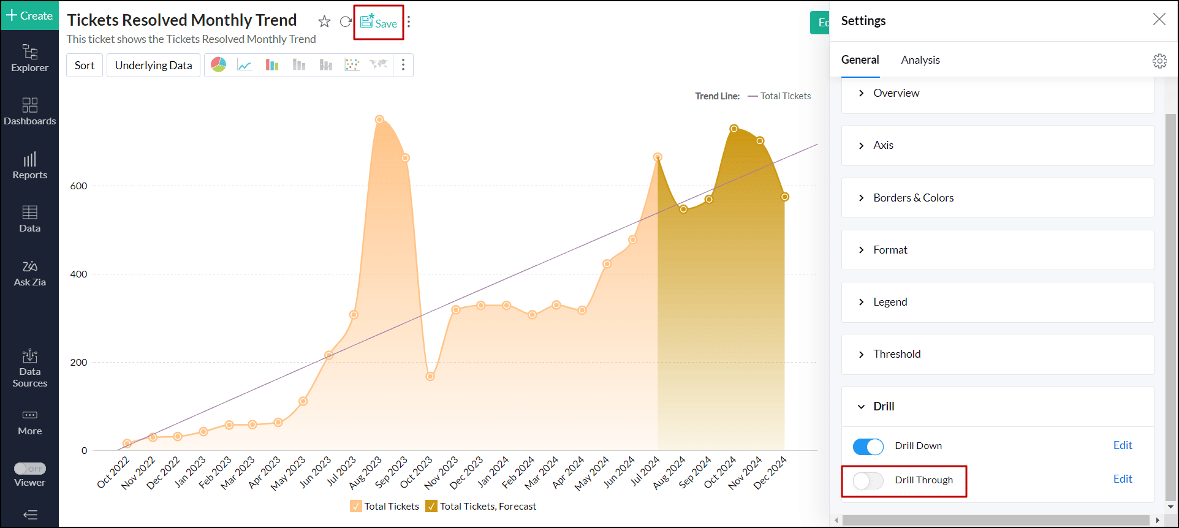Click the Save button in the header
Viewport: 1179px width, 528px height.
point(379,23)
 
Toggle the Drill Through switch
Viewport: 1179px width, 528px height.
point(868,481)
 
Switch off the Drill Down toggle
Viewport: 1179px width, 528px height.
point(868,447)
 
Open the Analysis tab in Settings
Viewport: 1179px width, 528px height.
point(920,60)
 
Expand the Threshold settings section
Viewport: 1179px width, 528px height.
point(897,354)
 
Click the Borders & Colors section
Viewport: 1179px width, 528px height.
point(913,198)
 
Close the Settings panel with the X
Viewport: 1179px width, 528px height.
point(1159,20)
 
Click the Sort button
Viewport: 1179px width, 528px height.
point(85,66)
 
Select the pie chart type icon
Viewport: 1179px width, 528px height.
point(219,65)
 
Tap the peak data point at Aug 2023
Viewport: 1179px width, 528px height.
point(379,119)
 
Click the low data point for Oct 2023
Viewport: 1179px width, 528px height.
point(430,376)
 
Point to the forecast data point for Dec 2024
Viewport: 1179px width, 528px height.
point(784,197)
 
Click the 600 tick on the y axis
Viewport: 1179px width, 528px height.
point(79,186)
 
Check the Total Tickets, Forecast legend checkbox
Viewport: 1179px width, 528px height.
point(431,506)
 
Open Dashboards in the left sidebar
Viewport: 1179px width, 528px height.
point(29,111)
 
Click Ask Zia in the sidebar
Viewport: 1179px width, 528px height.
point(29,273)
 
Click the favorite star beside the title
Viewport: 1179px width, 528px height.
point(324,22)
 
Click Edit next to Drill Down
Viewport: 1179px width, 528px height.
point(1122,445)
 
